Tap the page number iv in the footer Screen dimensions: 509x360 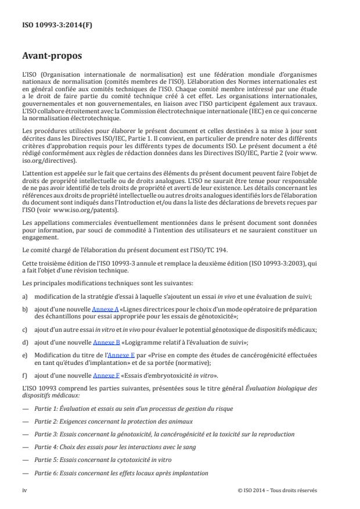click(x=24, y=490)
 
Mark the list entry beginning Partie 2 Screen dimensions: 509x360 click(x=114, y=421)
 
